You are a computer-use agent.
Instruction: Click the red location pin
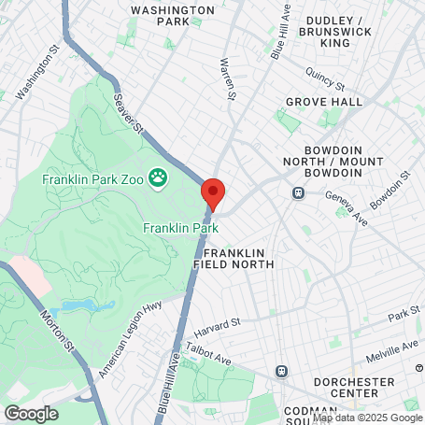click(x=213, y=192)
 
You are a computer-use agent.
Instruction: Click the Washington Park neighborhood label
click(x=160, y=14)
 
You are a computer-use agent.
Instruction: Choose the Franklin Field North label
click(x=234, y=259)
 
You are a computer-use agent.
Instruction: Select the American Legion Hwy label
click(x=130, y=337)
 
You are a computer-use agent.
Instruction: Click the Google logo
click(x=31, y=412)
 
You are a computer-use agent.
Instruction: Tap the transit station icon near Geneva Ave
click(x=299, y=193)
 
